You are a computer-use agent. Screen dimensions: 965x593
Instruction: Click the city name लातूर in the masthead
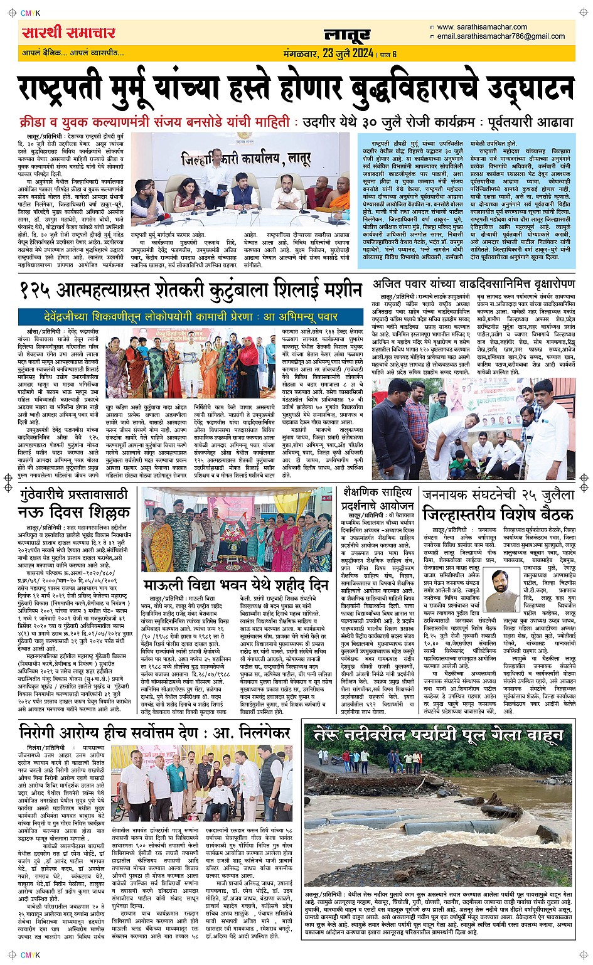[x=347, y=35]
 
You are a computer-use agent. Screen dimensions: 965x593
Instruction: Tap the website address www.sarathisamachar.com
[x=481, y=27]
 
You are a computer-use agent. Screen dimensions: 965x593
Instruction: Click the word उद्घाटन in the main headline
[x=504, y=87]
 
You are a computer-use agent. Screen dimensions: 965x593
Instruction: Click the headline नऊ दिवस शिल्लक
[x=73, y=513]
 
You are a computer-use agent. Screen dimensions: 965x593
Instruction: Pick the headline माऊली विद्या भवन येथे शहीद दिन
[x=236, y=585]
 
